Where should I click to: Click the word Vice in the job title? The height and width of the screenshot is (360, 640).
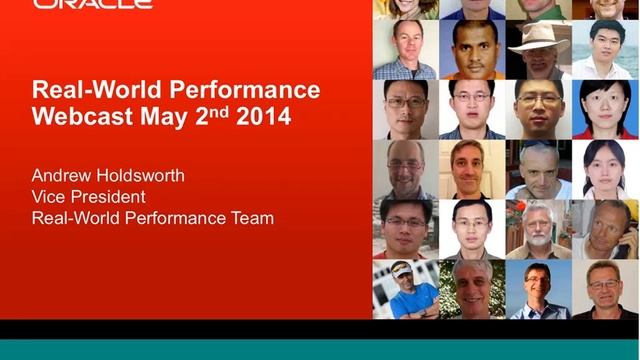(x=49, y=197)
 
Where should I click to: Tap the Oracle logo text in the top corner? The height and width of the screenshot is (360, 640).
(x=92, y=4)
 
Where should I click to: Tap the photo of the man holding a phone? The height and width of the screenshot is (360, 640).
(x=604, y=229)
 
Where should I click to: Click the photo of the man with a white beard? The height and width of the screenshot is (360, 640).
(x=538, y=229)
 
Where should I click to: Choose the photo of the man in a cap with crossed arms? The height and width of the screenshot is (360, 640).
(x=406, y=289)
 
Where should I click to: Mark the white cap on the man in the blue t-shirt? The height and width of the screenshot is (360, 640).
(x=402, y=269)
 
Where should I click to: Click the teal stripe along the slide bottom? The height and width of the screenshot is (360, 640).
(x=320, y=350)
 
